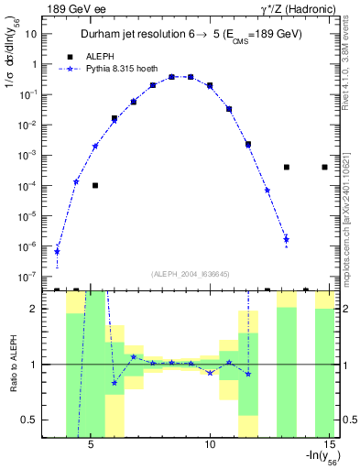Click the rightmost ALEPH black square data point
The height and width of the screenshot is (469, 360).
point(325,167)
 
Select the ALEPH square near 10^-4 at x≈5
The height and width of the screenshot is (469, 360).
point(95,185)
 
